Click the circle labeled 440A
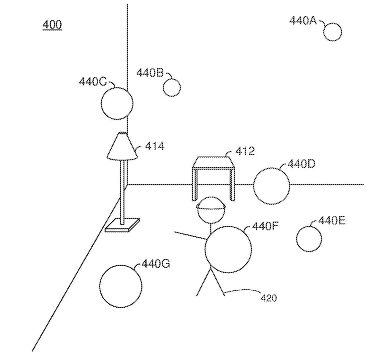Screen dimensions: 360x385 tap(333, 32)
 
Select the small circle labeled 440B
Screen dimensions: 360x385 tap(171, 87)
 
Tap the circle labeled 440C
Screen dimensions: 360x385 tap(117, 103)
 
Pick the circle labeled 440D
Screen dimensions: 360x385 tap(271, 186)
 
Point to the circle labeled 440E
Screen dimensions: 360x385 tap(309, 239)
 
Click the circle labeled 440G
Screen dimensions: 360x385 tap(121, 286)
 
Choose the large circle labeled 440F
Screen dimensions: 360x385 tap(228, 250)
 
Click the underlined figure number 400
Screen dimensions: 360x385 tap(52, 25)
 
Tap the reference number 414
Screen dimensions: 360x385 tap(154, 146)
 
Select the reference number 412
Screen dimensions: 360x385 tap(245, 151)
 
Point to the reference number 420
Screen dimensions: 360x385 tap(269, 298)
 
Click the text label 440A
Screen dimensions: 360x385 tap(303, 21)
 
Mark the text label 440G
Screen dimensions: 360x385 tap(156, 264)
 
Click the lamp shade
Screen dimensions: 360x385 tap(122, 147)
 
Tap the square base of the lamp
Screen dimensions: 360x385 tap(122, 225)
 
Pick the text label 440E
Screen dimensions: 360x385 tap(332, 221)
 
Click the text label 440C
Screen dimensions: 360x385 tap(93, 82)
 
